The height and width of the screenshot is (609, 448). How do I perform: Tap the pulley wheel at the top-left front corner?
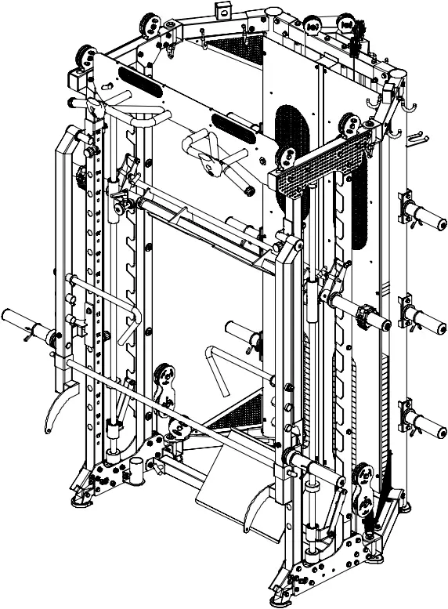(x=83, y=57)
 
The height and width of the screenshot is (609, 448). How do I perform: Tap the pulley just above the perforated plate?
(x=348, y=124)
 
